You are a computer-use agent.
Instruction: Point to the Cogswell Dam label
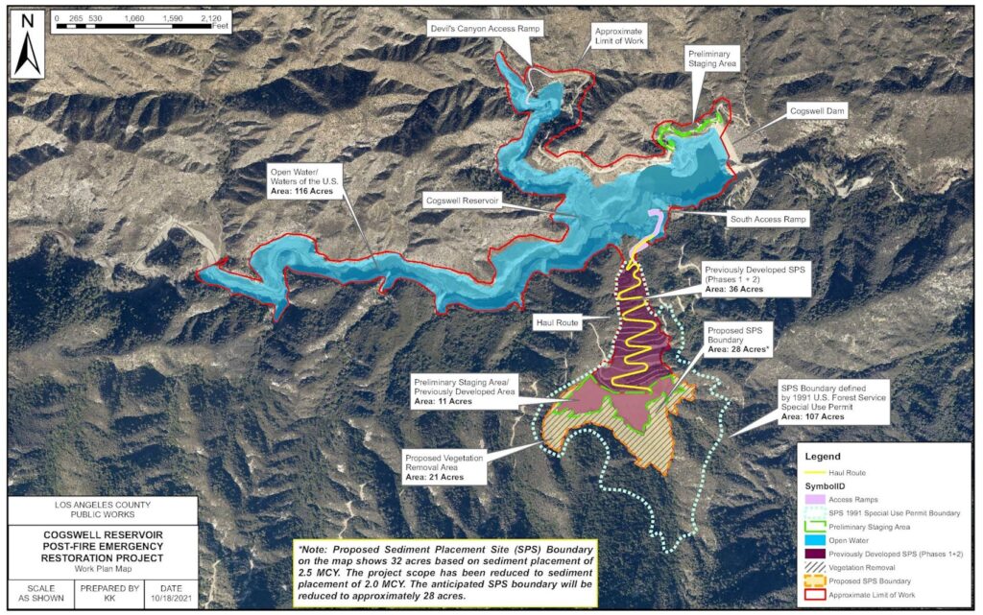click(816, 111)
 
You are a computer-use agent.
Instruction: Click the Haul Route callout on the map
click(557, 323)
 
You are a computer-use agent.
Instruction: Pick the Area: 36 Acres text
click(733, 289)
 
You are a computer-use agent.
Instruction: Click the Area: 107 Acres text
click(812, 417)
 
